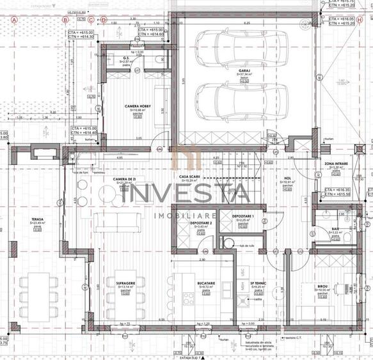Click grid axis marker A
(13, 19)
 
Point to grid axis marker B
(65, 19)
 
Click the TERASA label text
(37, 219)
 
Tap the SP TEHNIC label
(257, 282)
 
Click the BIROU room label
(323, 286)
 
